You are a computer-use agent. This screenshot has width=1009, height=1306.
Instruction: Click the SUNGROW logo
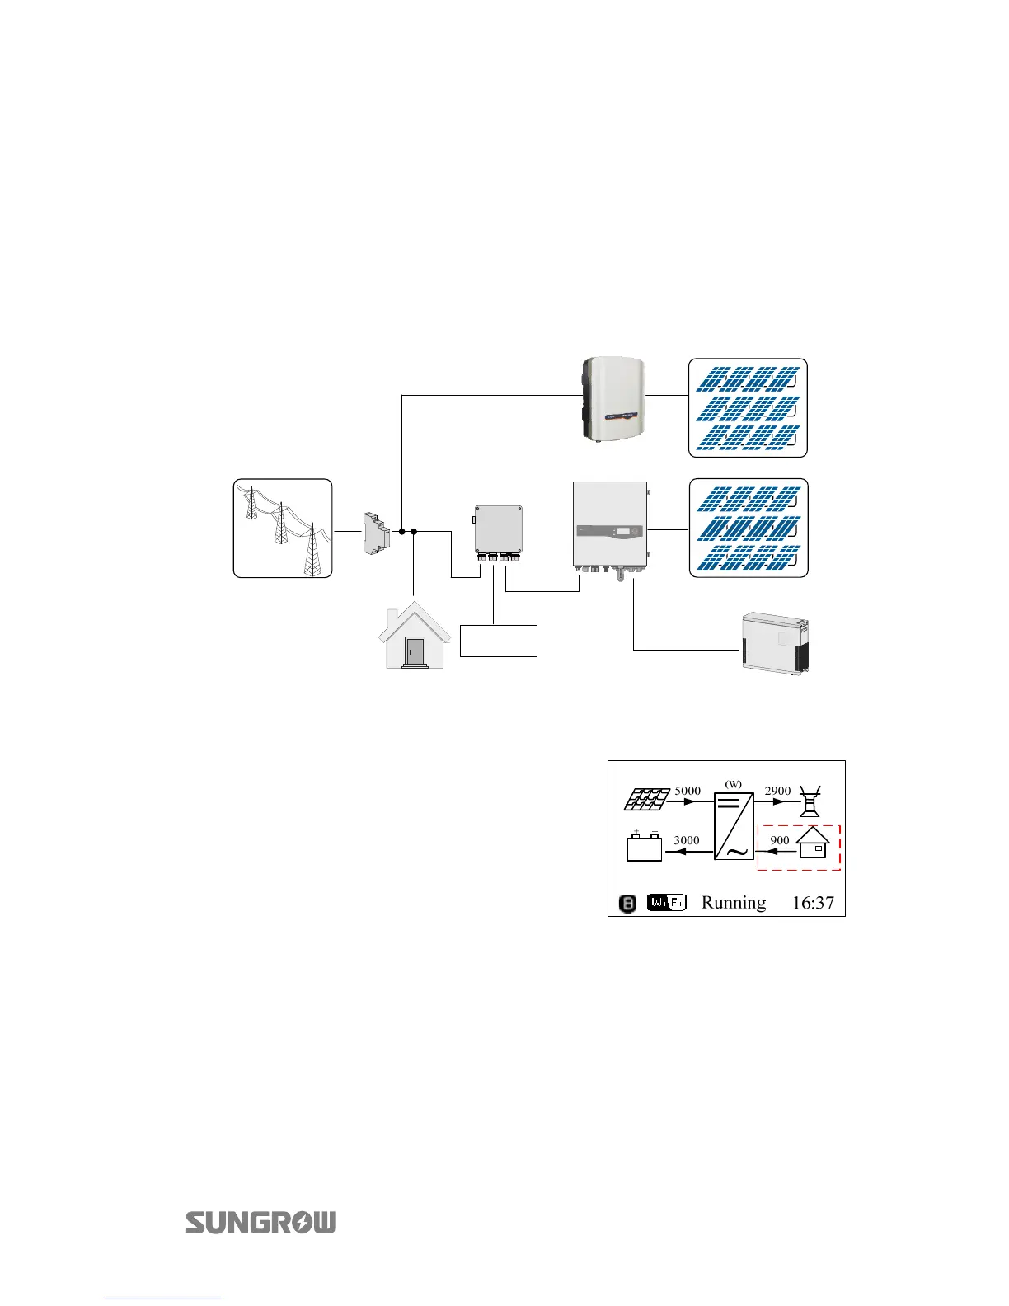tap(260, 1222)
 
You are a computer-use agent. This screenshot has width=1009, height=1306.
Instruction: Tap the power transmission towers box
tap(283, 528)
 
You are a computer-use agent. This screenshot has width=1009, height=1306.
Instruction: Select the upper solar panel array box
tap(748, 408)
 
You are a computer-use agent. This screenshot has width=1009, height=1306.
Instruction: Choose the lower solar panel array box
tap(748, 528)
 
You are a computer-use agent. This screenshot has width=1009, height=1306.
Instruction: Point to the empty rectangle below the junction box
tap(498, 641)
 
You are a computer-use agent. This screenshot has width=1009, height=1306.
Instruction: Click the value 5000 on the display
tap(688, 791)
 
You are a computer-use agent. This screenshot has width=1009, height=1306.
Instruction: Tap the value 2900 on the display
tap(777, 791)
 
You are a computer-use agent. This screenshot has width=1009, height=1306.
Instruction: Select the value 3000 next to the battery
tap(687, 840)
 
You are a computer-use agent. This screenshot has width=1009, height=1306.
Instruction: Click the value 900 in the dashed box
tap(779, 840)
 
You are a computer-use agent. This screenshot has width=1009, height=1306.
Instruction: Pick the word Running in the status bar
tap(733, 903)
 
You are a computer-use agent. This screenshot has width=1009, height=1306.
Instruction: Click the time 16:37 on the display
tap(813, 903)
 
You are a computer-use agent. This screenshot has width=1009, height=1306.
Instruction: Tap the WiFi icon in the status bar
tap(666, 903)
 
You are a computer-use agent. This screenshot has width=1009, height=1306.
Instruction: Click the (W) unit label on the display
tap(733, 783)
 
